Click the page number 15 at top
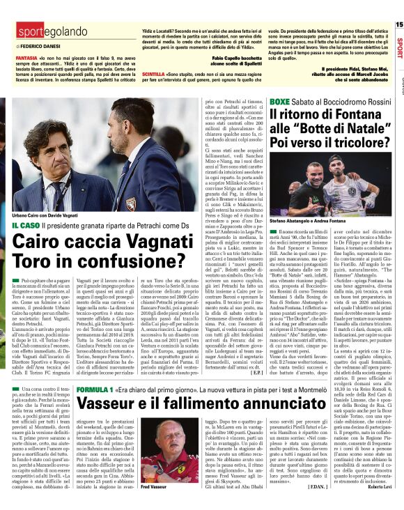pyautogui.click(x=398, y=25)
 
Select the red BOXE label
pyautogui.click(x=280, y=102)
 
